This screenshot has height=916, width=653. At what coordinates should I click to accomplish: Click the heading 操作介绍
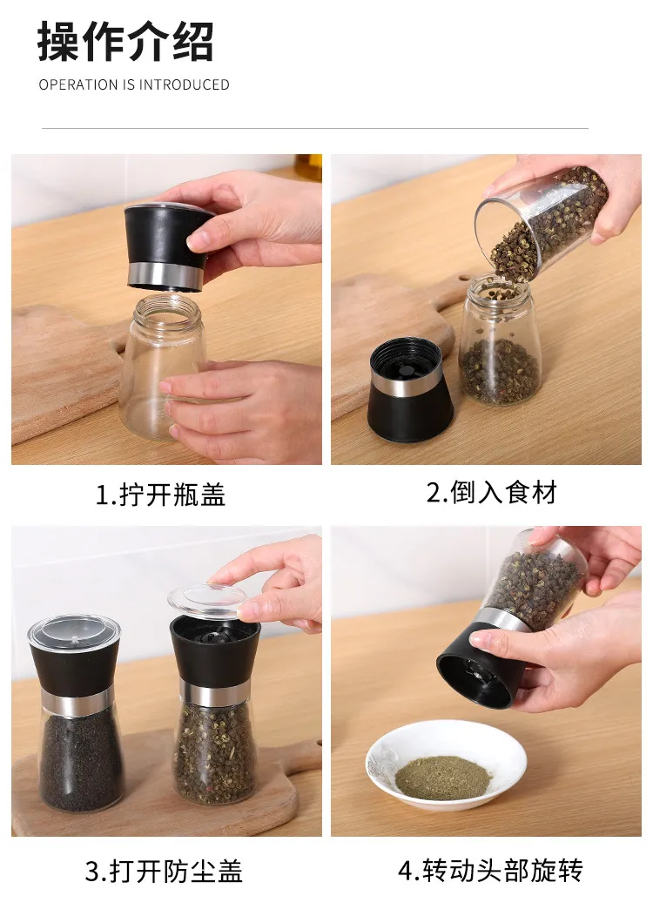coord(125,42)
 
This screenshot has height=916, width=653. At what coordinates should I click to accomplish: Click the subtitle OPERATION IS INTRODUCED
coord(134,84)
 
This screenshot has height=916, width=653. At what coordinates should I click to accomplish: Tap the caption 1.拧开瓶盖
coord(160,495)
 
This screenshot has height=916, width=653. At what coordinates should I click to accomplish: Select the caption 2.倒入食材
coord(492,493)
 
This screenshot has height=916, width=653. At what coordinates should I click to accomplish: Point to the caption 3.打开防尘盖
coord(164,871)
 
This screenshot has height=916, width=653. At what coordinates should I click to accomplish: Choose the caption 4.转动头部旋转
coord(491,870)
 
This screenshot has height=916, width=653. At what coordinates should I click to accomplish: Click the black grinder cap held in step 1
coord(167,246)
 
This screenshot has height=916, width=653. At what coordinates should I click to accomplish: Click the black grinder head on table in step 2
coord(409,389)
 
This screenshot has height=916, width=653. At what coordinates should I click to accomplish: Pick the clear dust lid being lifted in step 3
coord(208,601)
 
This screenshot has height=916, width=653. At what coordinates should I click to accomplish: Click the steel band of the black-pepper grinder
coord(77,701)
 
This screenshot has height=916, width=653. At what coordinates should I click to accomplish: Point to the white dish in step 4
coord(447,764)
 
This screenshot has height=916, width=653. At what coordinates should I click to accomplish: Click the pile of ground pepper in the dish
coord(442,777)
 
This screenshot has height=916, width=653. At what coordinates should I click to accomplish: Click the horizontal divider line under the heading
coord(315,128)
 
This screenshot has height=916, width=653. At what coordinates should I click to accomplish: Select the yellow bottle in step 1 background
coord(308,168)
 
